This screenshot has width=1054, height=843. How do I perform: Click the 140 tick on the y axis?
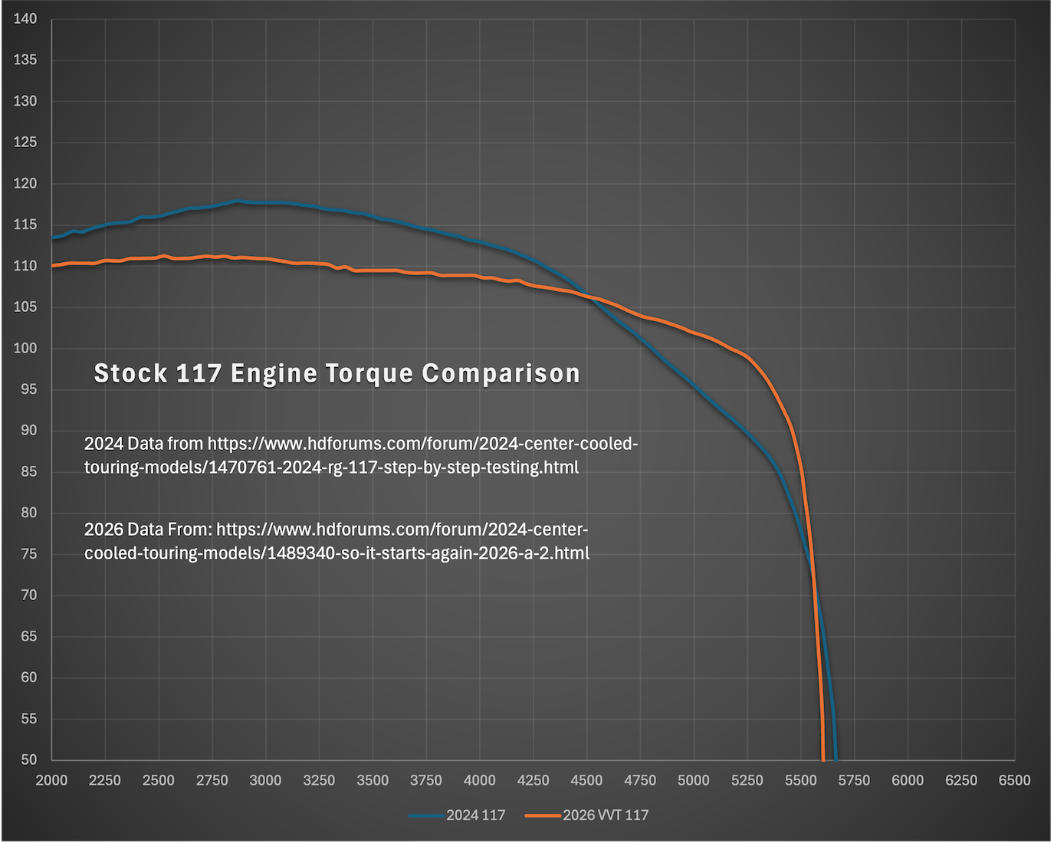point(25,18)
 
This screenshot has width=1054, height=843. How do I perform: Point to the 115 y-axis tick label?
point(25,225)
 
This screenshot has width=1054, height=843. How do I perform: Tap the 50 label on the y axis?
point(28,759)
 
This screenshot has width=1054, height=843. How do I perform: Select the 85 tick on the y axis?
point(28,471)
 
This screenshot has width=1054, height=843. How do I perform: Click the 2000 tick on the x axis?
point(52,780)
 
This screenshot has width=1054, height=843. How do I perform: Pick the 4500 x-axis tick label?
point(586,780)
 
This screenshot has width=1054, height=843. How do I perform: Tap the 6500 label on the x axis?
point(1014,780)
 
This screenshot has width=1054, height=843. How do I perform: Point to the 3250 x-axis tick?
point(319,780)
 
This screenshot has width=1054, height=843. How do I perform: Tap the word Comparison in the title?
point(501,373)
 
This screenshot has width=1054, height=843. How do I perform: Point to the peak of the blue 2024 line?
point(236,202)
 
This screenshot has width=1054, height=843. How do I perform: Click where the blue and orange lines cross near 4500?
point(589,297)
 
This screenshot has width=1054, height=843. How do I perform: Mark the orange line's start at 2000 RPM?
point(53,265)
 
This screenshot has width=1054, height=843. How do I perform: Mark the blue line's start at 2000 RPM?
point(53,238)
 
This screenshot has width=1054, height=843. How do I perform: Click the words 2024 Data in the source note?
point(123,444)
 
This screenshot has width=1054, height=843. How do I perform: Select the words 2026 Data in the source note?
point(123,530)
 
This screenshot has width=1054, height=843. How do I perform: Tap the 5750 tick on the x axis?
point(854,780)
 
